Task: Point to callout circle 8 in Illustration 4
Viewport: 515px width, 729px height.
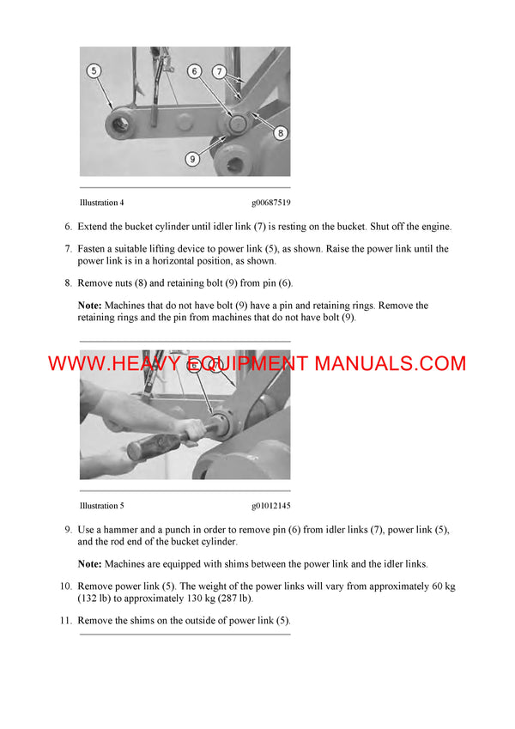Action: [281, 132]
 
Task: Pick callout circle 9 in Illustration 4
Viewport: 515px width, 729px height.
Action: [192, 159]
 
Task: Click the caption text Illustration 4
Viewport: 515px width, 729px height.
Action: [101, 203]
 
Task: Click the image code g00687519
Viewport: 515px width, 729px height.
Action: [270, 203]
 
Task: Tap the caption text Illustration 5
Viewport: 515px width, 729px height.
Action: [101, 506]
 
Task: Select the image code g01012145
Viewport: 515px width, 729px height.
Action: [270, 506]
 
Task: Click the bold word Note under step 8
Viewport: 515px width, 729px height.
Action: [89, 306]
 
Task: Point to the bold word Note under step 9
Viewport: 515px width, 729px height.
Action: [89, 564]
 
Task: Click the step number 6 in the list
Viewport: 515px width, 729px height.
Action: [68, 227]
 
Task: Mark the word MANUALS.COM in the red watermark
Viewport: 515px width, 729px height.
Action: [390, 363]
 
